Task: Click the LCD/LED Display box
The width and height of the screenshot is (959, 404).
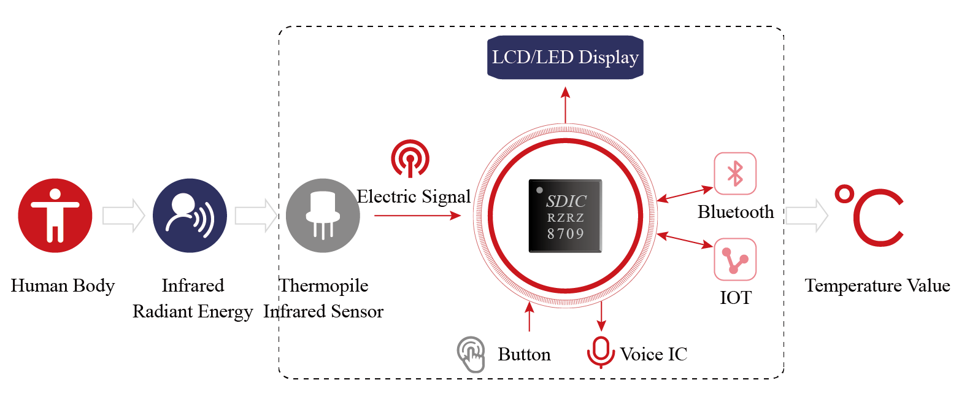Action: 565,58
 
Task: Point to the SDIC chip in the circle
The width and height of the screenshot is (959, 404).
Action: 565,216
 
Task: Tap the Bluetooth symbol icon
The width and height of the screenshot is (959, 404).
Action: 735,174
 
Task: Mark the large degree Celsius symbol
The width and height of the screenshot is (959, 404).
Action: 868,215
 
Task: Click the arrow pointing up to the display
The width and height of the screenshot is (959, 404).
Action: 565,104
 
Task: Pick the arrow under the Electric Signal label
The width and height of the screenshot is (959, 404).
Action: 417,216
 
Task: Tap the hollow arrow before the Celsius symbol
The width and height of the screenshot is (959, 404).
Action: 807,216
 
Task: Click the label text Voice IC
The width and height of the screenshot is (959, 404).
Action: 653,354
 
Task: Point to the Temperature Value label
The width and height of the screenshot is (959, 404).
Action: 877,286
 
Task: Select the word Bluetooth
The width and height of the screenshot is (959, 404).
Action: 736,212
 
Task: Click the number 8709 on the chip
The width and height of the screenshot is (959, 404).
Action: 565,233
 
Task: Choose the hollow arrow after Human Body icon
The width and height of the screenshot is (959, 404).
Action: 123,216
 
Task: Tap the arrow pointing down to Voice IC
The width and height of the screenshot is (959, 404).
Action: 601,316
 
